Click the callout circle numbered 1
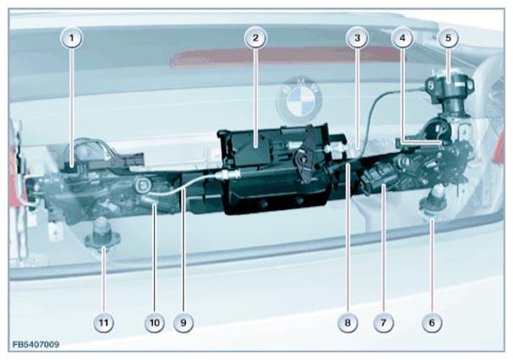point(72,38)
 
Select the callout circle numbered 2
point(255,38)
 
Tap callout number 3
point(357,38)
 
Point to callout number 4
point(402,38)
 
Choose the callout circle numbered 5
point(448,38)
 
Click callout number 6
point(432,323)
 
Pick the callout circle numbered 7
point(383,323)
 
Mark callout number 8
point(347,323)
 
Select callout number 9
point(183,323)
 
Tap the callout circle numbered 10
point(155,323)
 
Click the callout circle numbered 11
point(103,323)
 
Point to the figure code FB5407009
point(36,345)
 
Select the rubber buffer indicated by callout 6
point(434,200)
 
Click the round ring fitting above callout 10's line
point(144,187)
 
